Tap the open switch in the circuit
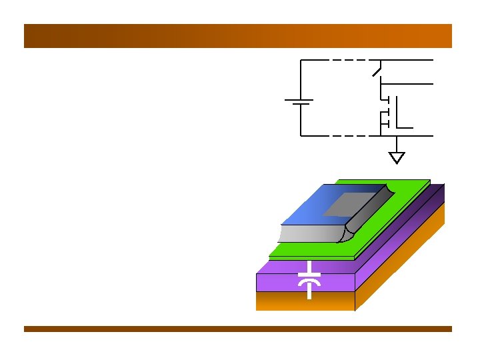click(377, 68)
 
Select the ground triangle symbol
click(397, 158)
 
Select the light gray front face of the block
click(310, 233)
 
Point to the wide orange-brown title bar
click(238, 36)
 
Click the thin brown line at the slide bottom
click(238, 329)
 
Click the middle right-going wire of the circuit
click(407, 84)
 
